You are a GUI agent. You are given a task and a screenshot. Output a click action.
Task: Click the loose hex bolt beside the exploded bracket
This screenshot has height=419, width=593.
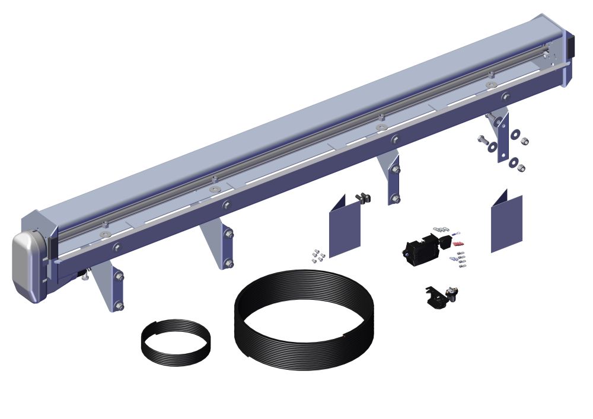coord(482,140)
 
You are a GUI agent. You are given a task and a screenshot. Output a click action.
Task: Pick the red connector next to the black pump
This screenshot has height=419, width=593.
coord(457,244)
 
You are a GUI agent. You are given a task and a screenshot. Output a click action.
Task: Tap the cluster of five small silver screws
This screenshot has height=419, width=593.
coord(318,256)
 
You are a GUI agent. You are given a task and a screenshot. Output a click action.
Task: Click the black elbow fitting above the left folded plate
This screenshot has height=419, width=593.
coord(361,198)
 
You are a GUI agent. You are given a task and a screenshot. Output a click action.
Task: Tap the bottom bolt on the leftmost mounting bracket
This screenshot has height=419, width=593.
coord(119,306)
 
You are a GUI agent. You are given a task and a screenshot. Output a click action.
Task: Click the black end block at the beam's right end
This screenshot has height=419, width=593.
coord(572,44)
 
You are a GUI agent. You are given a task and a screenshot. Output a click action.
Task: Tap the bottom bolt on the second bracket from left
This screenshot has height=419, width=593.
coord(229,263)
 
